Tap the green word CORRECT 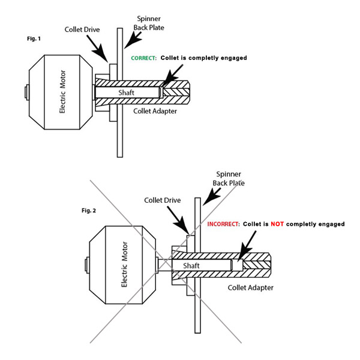[x=144, y=58]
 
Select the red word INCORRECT [x=224, y=224]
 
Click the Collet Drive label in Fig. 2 [x=161, y=199]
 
